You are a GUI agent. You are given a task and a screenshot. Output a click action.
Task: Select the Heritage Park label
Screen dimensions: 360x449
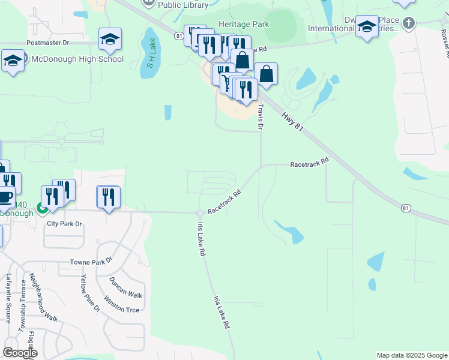(x=244, y=24)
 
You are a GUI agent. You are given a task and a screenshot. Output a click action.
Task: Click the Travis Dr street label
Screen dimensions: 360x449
(x=261, y=116)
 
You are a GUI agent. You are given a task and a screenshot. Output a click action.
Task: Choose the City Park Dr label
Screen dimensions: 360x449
(x=64, y=224)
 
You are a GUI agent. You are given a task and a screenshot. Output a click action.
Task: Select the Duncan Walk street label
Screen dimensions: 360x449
(x=125, y=287)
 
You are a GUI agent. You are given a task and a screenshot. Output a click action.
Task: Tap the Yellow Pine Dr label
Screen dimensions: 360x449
(x=90, y=293)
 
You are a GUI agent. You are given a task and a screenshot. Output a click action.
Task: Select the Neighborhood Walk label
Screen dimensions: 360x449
(x=43, y=299)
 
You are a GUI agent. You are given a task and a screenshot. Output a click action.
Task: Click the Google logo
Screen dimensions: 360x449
(x=20, y=353)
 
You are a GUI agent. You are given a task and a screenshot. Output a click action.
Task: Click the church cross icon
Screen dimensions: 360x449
(x=408, y=23)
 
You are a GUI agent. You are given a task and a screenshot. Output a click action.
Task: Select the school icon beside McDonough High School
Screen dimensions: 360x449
(x=13, y=60)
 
